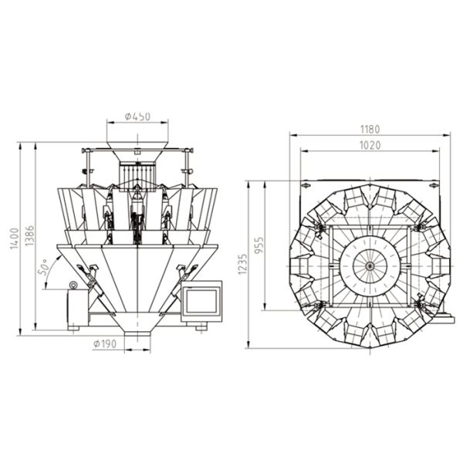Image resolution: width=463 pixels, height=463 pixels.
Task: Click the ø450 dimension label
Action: [x=137, y=117]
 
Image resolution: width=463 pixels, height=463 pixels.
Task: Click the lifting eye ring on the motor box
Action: [x=74, y=286]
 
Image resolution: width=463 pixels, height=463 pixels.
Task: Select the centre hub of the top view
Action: [x=370, y=266]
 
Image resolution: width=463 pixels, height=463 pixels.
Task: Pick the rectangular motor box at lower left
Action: [x=76, y=307]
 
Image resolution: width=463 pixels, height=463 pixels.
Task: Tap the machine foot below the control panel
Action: [x=201, y=327]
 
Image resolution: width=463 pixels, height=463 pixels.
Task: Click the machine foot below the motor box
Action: [x=74, y=327]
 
